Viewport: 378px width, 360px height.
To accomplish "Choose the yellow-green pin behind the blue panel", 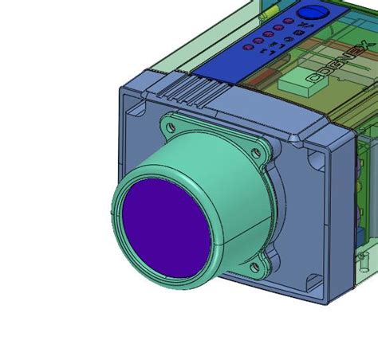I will tap(270, 10).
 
